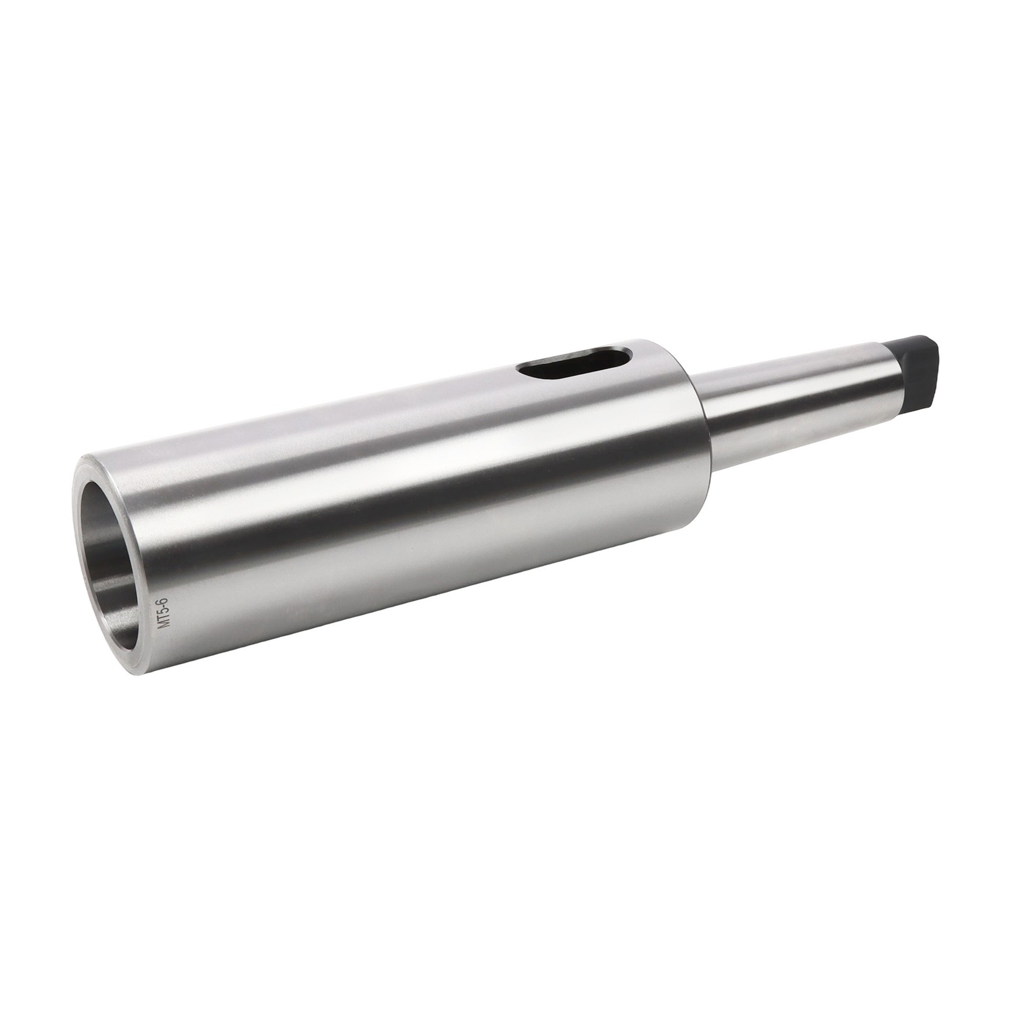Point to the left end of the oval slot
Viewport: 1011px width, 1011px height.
click(523, 371)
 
